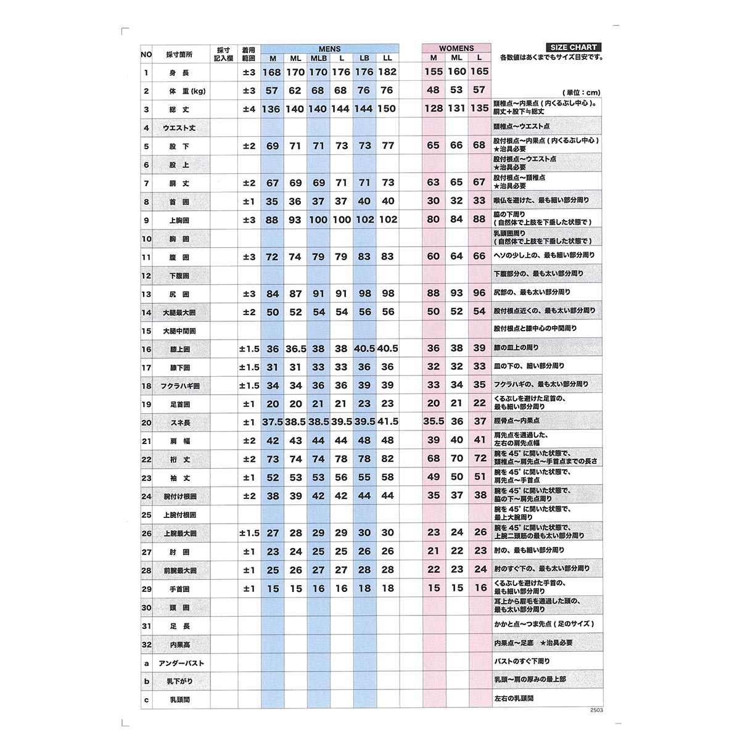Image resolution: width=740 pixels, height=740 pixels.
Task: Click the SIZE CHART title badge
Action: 573,47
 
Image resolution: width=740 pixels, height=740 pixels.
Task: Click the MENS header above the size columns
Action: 329,49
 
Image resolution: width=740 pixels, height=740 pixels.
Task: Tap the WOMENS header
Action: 456,48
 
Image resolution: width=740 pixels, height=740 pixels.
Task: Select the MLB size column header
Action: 318,59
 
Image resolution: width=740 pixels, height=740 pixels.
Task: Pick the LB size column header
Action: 364,59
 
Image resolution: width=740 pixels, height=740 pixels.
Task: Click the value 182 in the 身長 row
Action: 387,72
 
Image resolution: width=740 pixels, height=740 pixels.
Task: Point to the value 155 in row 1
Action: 434,72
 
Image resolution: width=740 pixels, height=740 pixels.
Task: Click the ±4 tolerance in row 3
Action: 249,109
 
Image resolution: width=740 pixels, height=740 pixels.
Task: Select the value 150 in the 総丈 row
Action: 387,109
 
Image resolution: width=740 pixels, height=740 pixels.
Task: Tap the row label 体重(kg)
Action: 187,91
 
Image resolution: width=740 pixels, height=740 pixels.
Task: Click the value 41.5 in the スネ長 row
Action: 387,422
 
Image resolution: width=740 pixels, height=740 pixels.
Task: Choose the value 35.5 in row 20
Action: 434,422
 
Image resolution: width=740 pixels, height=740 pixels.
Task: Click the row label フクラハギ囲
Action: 180,386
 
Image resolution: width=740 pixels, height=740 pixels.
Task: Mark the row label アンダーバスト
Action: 181,664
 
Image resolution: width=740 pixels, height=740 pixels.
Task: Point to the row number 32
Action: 146,645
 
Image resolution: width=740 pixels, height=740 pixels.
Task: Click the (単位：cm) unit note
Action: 581,92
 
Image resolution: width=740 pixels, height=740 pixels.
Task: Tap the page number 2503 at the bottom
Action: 596,710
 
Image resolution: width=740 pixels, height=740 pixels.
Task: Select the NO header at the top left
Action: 146,55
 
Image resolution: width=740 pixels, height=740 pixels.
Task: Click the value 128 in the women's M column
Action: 434,109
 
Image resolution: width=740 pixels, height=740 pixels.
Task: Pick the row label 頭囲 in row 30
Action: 180,608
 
